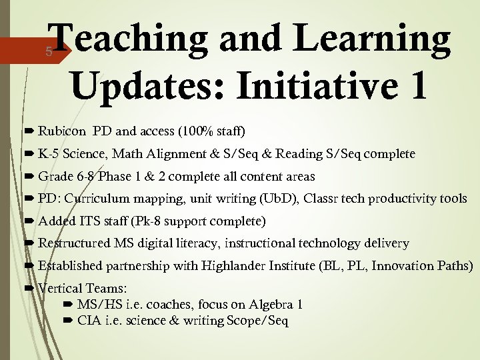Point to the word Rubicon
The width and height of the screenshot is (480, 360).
[x=62, y=130]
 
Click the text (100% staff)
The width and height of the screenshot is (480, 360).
[x=211, y=130]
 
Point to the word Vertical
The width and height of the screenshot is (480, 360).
[x=59, y=289]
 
